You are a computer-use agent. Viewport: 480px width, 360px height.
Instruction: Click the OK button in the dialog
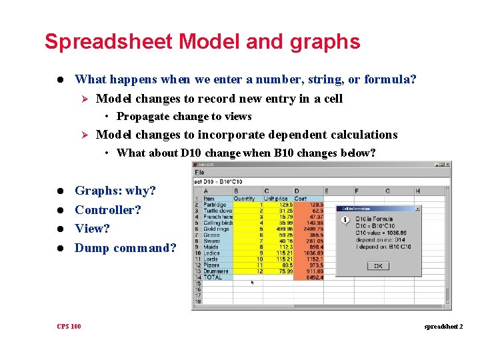click(378, 265)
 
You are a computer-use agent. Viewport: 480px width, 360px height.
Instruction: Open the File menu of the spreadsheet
click(199, 173)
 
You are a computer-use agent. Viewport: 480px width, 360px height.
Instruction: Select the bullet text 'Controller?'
click(108, 209)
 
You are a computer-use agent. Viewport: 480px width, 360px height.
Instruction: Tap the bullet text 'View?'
click(92, 229)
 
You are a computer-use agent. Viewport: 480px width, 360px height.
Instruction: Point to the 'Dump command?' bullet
click(125, 248)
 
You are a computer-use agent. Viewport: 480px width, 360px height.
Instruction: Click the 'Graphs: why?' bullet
click(115, 191)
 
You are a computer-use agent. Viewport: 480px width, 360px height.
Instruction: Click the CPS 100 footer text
click(69, 326)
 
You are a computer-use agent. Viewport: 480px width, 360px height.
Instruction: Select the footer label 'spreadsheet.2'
click(442, 327)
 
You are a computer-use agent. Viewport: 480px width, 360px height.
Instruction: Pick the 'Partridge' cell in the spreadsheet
click(214, 204)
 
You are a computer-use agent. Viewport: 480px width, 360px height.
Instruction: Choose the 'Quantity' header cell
click(244, 198)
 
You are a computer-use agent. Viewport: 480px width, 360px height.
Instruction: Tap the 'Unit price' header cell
click(275, 198)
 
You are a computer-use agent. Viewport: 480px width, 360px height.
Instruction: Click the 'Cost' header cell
click(301, 198)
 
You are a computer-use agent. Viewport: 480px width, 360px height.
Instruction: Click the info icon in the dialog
click(345, 221)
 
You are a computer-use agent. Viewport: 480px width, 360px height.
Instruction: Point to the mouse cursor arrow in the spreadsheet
click(251, 283)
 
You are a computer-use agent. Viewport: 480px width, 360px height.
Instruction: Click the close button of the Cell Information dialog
click(417, 209)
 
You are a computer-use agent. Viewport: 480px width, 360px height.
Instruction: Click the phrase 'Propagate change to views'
click(183, 117)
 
